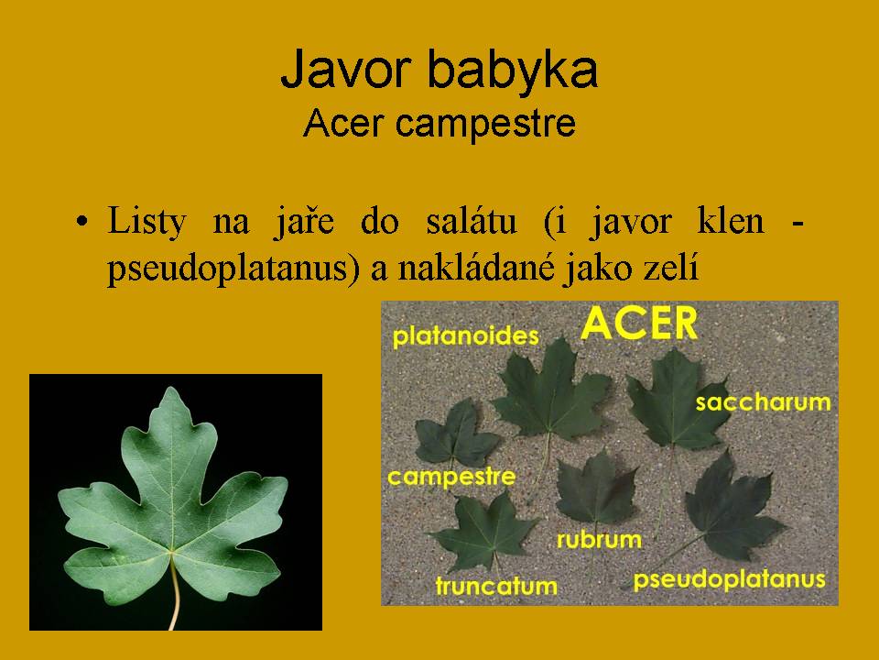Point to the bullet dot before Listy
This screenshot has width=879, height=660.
coord(81,221)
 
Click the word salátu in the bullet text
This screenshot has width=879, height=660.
coord(472,221)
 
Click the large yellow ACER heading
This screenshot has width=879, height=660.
coord(639,324)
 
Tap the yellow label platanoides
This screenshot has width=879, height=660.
coord(465,336)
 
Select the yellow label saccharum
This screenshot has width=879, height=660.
coord(763,401)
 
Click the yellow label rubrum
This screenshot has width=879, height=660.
coord(599,540)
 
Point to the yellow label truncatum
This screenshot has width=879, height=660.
coord(496,586)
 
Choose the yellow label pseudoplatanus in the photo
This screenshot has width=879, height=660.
coord(729,579)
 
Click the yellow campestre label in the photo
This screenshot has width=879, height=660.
coord(451,477)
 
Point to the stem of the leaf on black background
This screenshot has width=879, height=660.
coord(176,592)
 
